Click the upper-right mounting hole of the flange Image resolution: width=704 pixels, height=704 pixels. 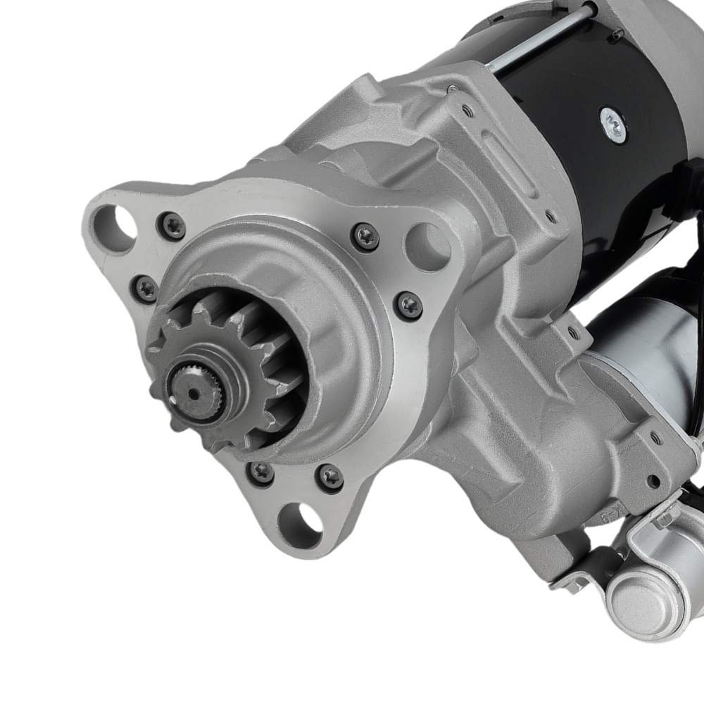pyautogui.click(x=427, y=244)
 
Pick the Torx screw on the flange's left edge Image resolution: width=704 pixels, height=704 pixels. pyautogui.click(x=146, y=289)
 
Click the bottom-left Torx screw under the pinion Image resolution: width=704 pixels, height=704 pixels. pyautogui.click(x=261, y=472)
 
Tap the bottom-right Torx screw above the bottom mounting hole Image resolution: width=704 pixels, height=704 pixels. pyautogui.click(x=330, y=478)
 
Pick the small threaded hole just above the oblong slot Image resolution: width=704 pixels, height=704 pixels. pyautogui.click(x=467, y=111)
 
